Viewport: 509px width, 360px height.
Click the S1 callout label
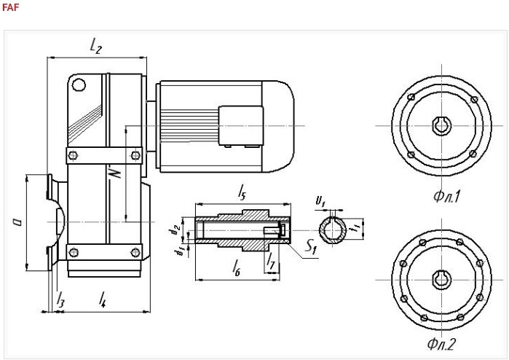(x=311, y=249)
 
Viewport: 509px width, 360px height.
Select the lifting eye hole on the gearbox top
(x=78, y=85)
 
